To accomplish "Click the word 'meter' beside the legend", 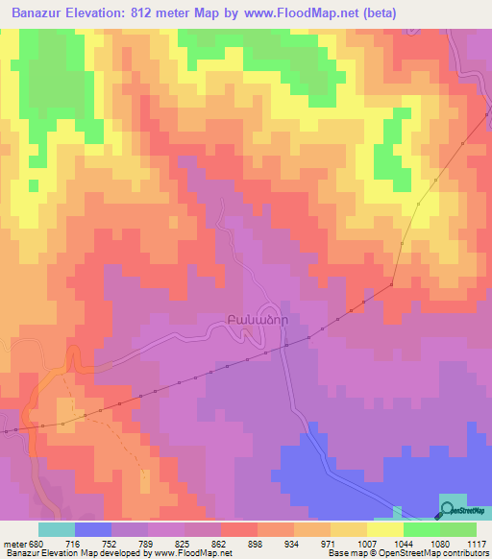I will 14,543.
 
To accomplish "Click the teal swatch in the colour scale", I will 56,529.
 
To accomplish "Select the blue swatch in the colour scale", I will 92,529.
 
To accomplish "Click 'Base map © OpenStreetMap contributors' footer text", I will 407,553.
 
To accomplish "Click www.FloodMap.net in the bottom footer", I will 187,553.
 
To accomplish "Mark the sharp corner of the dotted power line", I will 393,284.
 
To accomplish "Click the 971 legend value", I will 328,543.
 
